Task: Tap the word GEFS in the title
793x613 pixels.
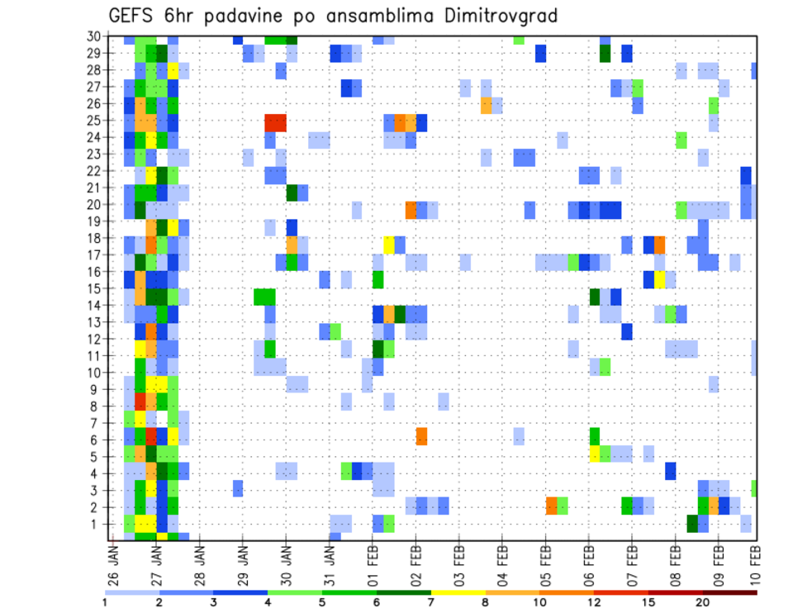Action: (x=131, y=16)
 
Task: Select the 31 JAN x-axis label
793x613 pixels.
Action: (x=329, y=564)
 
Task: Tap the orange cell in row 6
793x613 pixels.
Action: (x=421, y=435)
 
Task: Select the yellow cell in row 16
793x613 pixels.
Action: (x=659, y=278)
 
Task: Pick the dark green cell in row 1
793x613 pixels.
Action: (x=692, y=524)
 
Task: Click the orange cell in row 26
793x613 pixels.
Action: (x=486, y=105)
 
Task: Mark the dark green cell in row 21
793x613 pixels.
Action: (x=292, y=192)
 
